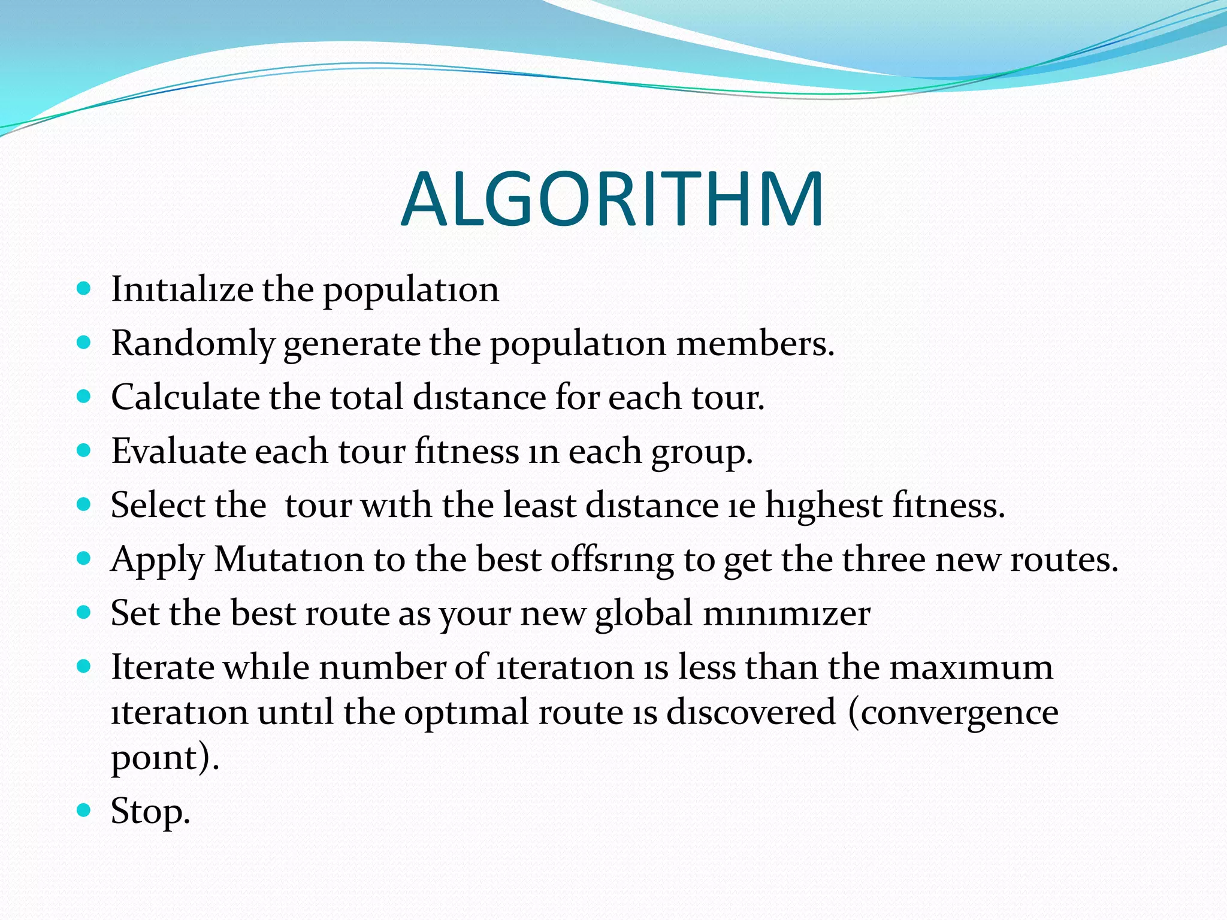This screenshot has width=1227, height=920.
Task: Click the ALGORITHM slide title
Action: point(612,199)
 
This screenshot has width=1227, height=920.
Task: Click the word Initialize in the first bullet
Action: point(182,289)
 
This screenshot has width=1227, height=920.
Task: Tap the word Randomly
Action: point(192,344)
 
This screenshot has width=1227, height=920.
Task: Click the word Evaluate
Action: point(178,451)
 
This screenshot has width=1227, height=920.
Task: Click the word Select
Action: point(158,505)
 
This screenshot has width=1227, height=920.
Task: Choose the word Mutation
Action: point(289,559)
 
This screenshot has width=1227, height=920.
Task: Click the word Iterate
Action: point(162,667)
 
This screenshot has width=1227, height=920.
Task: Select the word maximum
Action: point(971,667)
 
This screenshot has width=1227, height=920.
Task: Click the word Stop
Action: point(150,812)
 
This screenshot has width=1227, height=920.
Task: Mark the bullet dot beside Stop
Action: point(84,811)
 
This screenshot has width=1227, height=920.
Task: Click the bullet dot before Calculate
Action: point(84,397)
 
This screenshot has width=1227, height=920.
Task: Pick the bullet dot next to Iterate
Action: point(84,666)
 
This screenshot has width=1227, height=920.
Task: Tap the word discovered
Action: point(751,712)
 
